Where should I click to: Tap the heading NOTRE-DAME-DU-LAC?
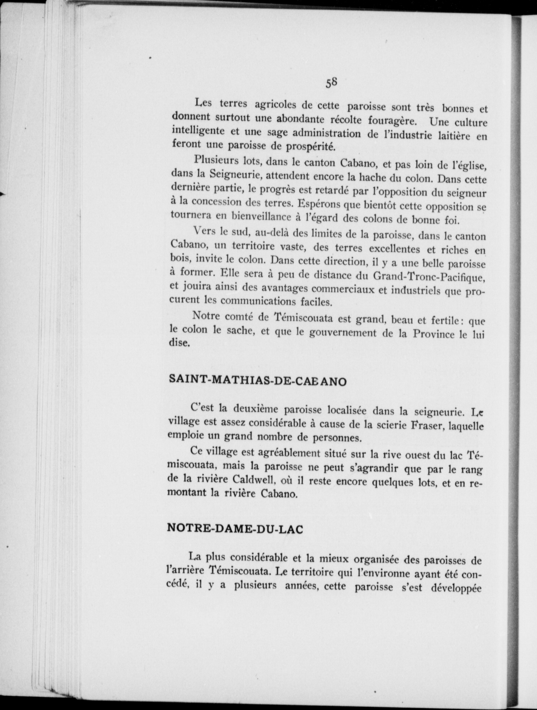pyautogui.click(x=235, y=529)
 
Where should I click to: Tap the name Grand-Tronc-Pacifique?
pyautogui.click(x=430, y=277)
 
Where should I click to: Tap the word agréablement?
pyautogui.click(x=289, y=453)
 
